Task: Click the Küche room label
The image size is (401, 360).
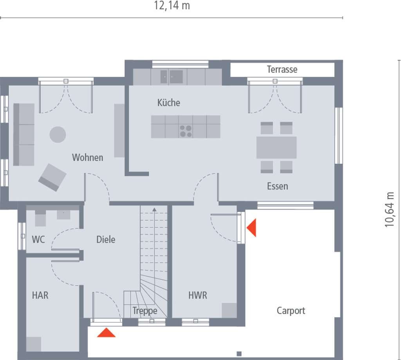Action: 168,103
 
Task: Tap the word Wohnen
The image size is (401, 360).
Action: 87,157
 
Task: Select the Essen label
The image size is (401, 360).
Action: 278,186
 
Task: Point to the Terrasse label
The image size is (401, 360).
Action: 282,69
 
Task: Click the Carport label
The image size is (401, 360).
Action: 291,311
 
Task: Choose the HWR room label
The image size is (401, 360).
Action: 198,295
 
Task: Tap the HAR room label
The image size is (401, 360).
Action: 40,295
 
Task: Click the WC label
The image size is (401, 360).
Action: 38,239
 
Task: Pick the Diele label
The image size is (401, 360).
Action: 106,239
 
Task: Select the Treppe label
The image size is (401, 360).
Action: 145,311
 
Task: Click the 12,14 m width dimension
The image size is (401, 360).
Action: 172,5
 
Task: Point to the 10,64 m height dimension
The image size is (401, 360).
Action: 389,210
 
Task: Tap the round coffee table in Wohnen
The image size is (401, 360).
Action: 58,135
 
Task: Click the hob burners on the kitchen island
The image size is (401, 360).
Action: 186,131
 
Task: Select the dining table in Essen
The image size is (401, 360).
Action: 276,148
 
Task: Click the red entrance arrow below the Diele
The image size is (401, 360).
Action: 107,333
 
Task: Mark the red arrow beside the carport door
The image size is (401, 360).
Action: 251,228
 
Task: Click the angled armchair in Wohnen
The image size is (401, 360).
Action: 52,177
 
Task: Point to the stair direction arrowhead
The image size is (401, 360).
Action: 154,210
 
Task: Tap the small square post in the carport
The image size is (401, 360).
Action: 239,354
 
